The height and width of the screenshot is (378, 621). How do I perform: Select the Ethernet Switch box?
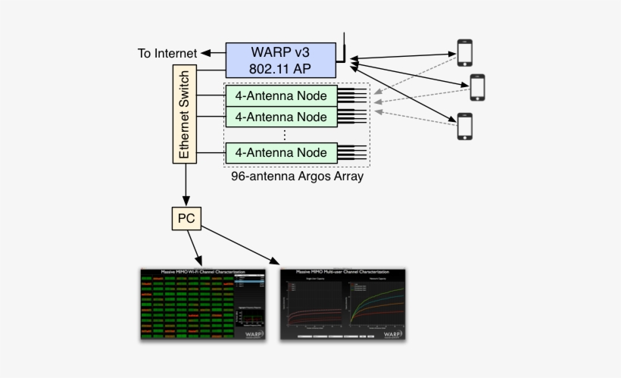coord(184,113)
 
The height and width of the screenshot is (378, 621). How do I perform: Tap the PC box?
coord(186,218)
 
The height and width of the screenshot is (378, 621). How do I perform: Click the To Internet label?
coord(167,53)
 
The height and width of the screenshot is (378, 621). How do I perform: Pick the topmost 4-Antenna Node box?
coord(281,96)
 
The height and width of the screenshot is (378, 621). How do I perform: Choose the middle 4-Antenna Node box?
coord(281,117)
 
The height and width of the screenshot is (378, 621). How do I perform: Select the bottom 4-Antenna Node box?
coord(281,152)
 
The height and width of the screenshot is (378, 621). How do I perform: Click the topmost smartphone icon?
coord(464,52)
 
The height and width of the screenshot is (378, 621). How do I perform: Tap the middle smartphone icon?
coord(477,87)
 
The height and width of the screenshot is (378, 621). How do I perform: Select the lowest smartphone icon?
coord(464,126)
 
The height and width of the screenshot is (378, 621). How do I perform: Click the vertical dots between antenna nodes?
coord(283,134)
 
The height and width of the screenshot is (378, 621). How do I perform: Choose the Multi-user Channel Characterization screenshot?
coord(344,303)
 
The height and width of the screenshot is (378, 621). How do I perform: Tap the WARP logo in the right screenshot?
coord(392,333)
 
